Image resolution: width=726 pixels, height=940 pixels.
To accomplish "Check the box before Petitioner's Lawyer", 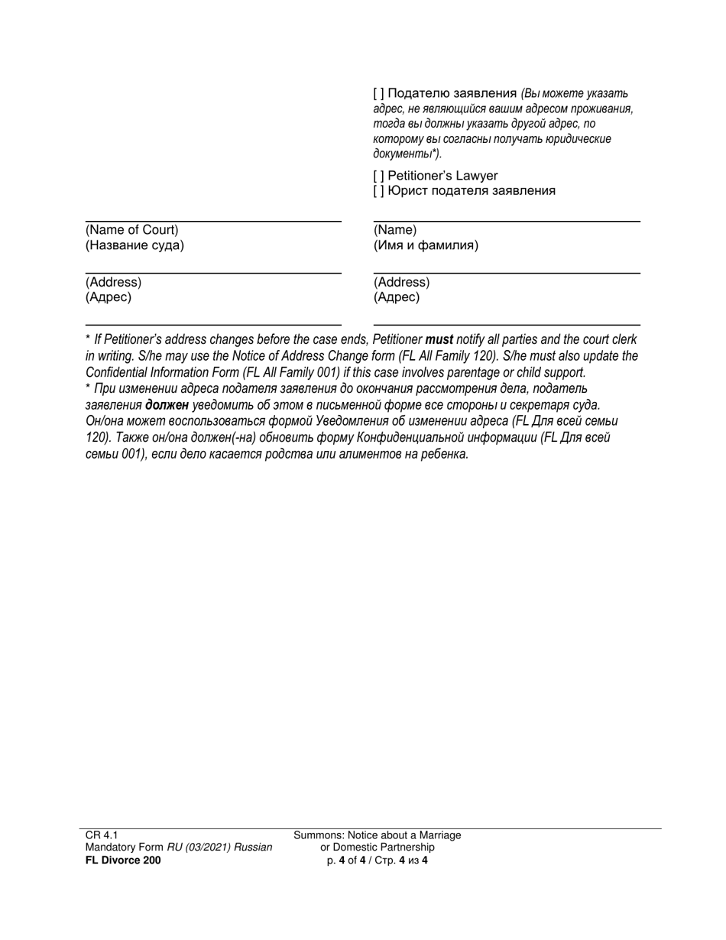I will click(379, 176).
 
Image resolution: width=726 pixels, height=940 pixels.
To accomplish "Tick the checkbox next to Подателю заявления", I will click(379, 94).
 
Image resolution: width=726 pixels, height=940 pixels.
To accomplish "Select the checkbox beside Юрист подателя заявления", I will click(379, 191).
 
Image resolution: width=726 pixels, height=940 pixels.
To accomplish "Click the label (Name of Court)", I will click(131, 230).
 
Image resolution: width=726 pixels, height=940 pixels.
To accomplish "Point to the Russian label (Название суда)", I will click(135, 246).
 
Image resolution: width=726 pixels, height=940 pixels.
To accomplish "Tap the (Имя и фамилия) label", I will click(426, 246).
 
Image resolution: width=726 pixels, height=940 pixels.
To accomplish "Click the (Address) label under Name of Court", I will click(113, 282).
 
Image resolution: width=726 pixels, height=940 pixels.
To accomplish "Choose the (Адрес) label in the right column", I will click(396, 298).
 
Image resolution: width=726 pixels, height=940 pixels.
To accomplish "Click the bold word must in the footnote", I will click(439, 339).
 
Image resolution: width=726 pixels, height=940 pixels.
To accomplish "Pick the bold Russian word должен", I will click(167, 405).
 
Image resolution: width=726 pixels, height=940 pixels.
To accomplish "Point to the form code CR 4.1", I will click(101, 835).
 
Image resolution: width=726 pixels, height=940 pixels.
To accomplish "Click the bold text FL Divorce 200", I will click(123, 860).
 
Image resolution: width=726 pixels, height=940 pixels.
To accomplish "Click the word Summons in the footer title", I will click(316, 835).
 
